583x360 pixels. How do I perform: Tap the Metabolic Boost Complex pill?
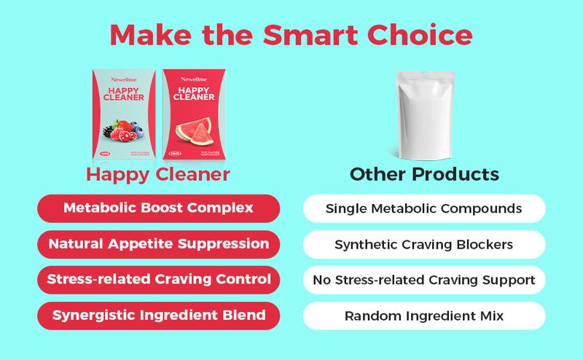point(158,208)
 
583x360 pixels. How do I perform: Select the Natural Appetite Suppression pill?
point(158,243)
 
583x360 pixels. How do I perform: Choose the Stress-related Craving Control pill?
point(158,279)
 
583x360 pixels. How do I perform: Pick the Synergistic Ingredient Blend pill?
point(158,315)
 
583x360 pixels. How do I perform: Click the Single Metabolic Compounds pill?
point(423,208)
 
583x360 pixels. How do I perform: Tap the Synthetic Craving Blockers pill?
point(423,243)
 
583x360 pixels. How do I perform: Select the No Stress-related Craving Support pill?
point(423,279)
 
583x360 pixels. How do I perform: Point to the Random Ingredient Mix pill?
point(423,315)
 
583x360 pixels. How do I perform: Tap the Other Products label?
point(423,176)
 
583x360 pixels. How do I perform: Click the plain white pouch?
point(424,117)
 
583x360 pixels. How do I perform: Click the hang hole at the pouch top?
point(424,76)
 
